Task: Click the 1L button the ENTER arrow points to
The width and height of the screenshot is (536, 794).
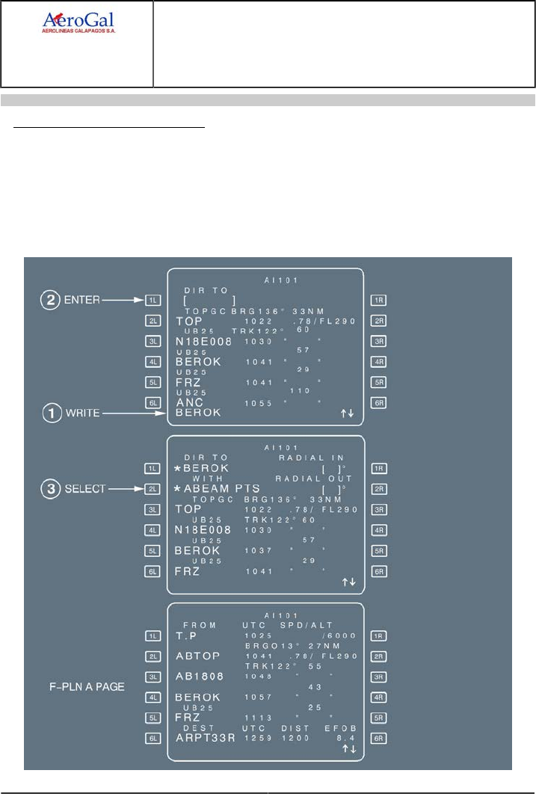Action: click(x=153, y=300)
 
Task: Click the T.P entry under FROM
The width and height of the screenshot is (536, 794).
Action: click(x=186, y=635)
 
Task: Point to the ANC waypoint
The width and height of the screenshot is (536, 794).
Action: click(x=189, y=403)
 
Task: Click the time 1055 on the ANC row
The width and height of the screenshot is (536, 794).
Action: click(x=259, y=403)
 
